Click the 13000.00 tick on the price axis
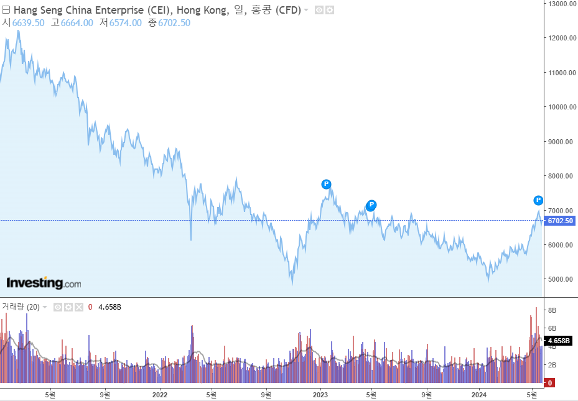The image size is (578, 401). pos(561,4)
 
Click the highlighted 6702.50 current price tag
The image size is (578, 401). pos(560,221)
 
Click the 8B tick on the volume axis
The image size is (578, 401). pos(551,310)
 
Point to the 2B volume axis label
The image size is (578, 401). pos(551,365)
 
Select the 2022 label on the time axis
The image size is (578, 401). pos(160,394)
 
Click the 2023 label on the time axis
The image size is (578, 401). pos(320,394)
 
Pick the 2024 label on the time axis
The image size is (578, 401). pos(479,394)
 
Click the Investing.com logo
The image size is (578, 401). pos(44,283)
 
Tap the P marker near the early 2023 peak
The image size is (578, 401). pos(326,184)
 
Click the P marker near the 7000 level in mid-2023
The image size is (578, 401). pos(371,205)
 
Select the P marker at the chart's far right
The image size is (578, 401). pos(538,200)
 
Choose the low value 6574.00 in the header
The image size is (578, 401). pos(126,23)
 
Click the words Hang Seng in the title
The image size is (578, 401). pos(40,10)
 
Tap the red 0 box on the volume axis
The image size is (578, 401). pos(550,383)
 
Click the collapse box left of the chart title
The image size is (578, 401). pos(6,10)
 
